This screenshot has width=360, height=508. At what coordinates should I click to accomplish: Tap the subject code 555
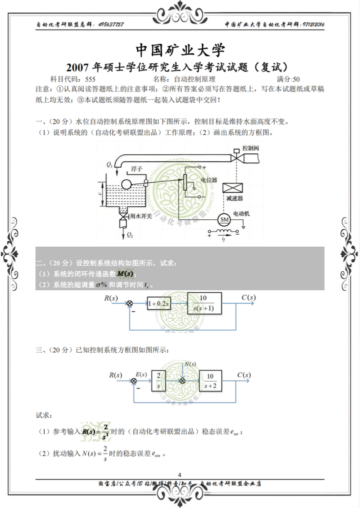tap(90, 79)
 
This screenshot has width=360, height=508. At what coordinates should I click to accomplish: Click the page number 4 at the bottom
tap(179, 475)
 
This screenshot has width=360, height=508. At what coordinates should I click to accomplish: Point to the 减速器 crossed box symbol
tap(233, 188)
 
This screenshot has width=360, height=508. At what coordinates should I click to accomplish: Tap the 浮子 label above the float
tap(136, 169)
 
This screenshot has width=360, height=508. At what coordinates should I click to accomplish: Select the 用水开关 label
tap(140, 217)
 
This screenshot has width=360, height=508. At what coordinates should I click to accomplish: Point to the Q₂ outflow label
tap(129, 234)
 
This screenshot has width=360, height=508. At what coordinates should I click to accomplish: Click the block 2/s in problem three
tap(157, 380)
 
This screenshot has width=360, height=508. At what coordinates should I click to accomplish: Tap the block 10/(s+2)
tap(210, 380)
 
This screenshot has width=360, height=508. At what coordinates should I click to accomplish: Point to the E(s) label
tap(141, 374)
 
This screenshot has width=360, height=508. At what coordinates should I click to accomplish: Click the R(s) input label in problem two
tap(111, 298)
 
